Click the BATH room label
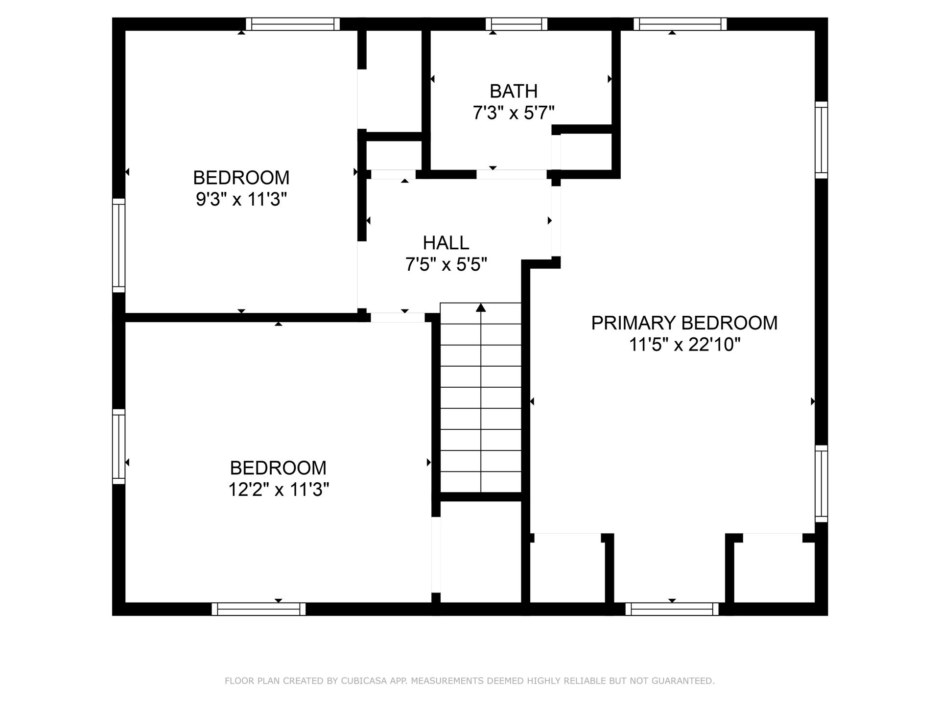(514, 91)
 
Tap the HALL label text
(446, 242)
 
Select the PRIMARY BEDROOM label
(684, 323)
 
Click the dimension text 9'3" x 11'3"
(241, 199)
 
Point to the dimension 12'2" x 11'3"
(279, 489)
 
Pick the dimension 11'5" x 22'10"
(684, 345)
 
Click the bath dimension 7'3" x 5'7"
(514, 113)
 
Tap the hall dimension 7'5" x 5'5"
(446, 264)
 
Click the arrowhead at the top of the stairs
(481, 307)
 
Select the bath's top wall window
(517, 24)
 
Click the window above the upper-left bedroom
(293, 24)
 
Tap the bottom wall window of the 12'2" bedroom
(258, 609)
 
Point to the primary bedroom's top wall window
(680, 24)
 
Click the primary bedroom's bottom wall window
(672, 609)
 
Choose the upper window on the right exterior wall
(822, 140)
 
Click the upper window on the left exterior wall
(118, 245)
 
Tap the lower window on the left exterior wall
(118, 446)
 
